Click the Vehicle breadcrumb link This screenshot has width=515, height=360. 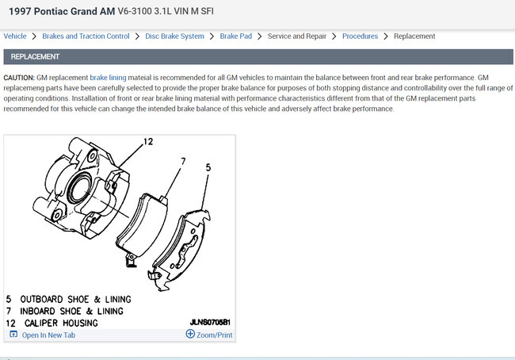coord(15,36)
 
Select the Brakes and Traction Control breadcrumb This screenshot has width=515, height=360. coord(86,36)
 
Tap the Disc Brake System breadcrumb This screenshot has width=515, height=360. coord(175,36)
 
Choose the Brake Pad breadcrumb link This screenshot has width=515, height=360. coord(236,36)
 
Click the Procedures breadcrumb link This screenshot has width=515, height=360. coord(360,36)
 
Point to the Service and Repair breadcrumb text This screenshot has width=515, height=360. coord(297,36)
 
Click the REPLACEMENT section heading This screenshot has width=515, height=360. coord(35,57)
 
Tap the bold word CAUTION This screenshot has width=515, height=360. coord(19,78)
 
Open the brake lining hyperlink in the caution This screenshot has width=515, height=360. coord(108,78)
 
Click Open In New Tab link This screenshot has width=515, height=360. coord(48,335)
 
